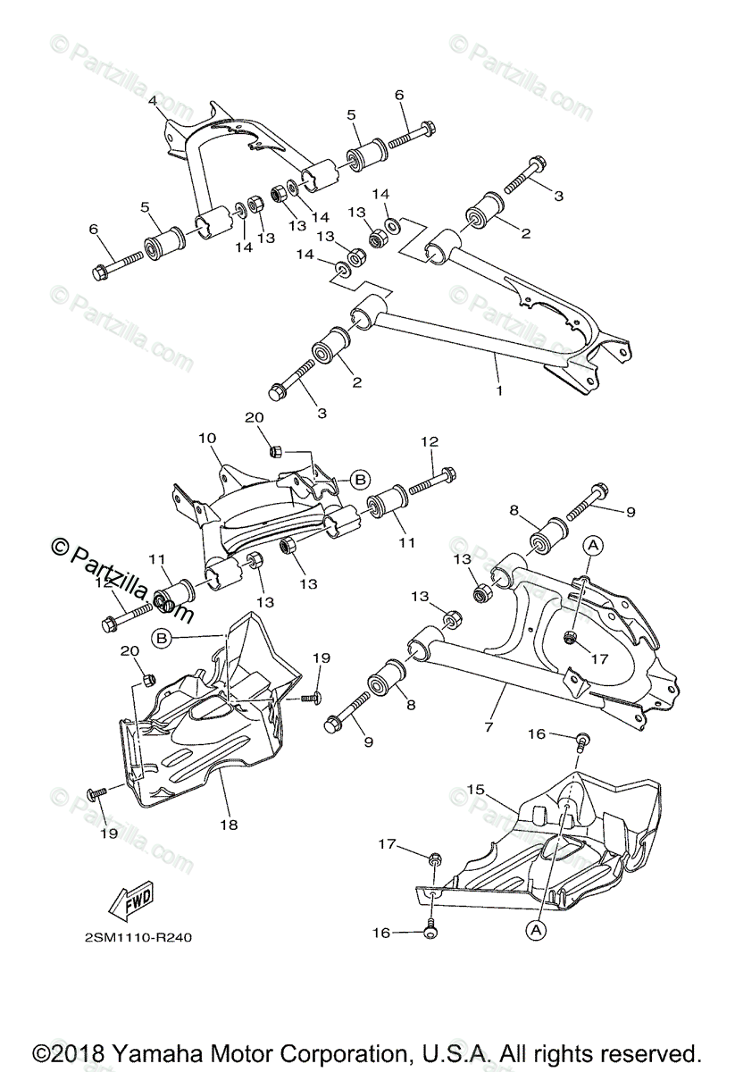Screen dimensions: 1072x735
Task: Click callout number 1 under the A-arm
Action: click(x=499, y=390)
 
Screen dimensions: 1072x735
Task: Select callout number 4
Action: click(x=153, y=102)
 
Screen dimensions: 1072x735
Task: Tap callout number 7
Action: click(x=489, y=727)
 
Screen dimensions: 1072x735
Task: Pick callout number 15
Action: click(x=475, y=791)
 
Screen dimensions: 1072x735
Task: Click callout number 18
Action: click(x=230, y=825)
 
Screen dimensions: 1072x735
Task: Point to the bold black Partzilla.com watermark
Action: click(x=125, y=584)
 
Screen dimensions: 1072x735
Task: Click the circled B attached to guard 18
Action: click(x=161, y=638)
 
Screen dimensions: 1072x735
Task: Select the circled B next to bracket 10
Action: click(x=359, y=480)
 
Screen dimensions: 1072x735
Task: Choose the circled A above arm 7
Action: click(x=594, y=543)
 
